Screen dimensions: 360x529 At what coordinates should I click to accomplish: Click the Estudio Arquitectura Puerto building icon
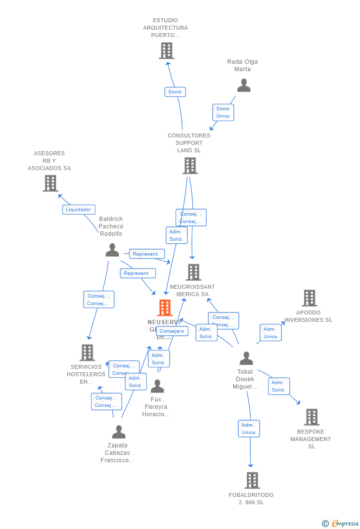pos(167,50)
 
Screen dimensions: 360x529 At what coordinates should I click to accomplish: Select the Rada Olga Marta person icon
pos(243,86)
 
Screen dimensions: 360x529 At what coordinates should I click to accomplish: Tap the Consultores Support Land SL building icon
pos(190,166)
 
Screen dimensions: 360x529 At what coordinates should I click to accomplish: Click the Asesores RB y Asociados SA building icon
pos(50,183)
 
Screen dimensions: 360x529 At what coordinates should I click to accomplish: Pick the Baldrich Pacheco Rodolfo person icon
pos(112,250)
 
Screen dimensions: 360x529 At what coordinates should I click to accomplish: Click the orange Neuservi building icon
pos(165,308)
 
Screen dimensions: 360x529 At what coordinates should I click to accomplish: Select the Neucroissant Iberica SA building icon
pos(193,272)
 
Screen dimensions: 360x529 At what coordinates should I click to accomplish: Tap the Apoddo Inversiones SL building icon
pos(309,298)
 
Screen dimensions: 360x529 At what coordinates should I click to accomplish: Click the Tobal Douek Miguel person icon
pos(246,358)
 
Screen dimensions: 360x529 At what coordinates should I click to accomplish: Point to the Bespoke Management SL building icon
pos(312,417)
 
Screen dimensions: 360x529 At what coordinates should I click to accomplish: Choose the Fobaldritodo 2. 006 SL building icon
pos(252,480)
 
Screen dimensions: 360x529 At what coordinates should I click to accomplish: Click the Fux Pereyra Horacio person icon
pos(157,386)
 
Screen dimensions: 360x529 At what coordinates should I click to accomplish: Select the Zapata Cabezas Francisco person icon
pos(119,432)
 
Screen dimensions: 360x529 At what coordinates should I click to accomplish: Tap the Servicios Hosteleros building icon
pos(87,353)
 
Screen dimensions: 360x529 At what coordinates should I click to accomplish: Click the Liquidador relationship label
pos(79,209)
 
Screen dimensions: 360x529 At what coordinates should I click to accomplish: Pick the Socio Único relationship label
pos(223,112)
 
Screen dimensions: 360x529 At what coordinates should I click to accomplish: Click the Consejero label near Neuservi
pos(172,331)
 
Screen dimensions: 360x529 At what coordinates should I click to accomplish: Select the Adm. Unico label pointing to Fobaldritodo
pos(249,429)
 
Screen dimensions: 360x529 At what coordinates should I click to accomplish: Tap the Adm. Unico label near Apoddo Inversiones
pos(270,333)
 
